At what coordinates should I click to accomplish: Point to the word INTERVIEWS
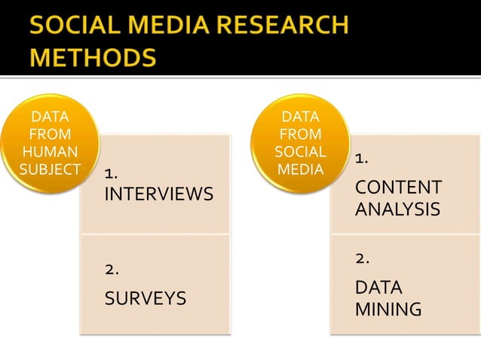pos(158,194)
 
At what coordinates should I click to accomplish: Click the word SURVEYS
pos(145,298)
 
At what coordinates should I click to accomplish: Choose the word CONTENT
pos(398,187)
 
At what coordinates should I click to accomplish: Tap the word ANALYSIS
pos(397,209)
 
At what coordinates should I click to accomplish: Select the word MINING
pos(388,310)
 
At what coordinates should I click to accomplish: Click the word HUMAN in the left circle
pos(49,151)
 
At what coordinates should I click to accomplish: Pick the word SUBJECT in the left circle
pos(49,168)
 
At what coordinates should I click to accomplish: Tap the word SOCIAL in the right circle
pos(301,151)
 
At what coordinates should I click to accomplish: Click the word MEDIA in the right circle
pos(301,169)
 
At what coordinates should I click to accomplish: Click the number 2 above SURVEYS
pos(112,268)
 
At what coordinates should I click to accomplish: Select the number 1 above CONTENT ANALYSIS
pos(361,158)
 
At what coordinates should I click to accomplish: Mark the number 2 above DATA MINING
pos(362,258)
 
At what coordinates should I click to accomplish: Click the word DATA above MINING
pos(378,288)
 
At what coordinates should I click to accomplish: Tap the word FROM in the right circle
pos(301,134)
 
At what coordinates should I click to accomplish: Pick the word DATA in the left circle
pos(49,117)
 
